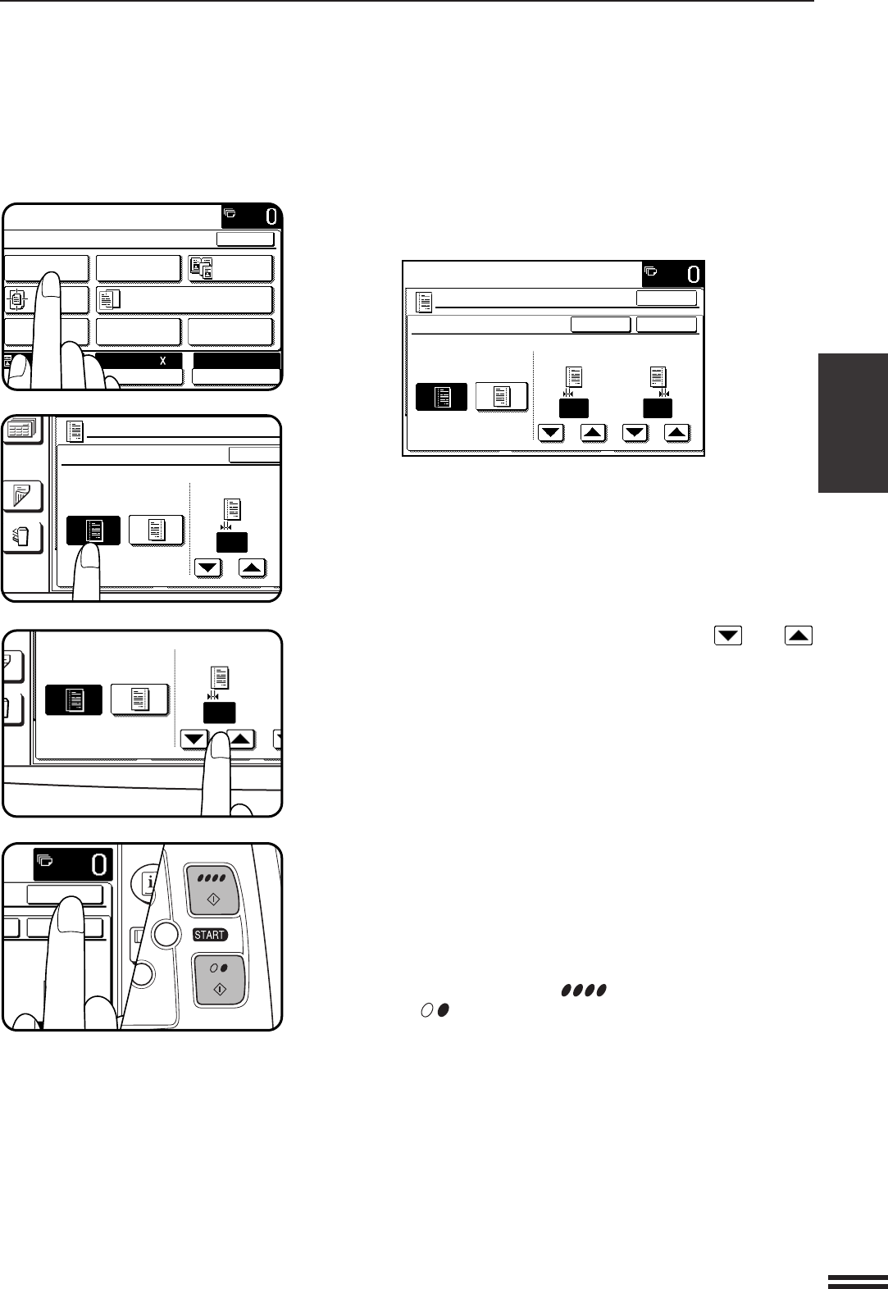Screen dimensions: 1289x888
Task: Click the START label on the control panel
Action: (210, 935)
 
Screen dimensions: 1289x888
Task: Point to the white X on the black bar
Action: (162, 361)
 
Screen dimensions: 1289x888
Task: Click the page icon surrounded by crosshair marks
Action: (16, 300)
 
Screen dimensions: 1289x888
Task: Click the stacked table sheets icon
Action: (21, 433)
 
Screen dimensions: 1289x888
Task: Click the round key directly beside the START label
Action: (167, 934)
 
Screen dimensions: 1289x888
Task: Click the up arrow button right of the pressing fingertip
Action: (240, 739)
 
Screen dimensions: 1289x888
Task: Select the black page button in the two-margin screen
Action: (441, 397)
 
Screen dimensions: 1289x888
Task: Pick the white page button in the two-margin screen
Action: (502, 397)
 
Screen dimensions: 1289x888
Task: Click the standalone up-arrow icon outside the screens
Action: (799, 635)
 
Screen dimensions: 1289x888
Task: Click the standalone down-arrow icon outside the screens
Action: (728, 635)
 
